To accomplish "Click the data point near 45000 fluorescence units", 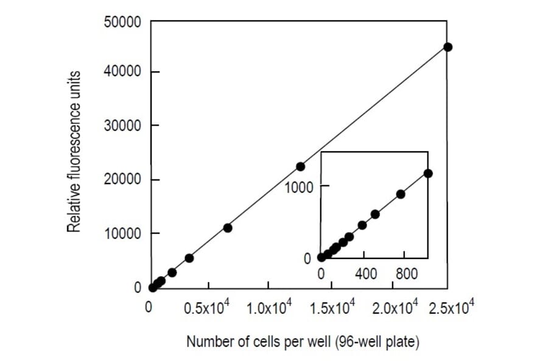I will point(448,47).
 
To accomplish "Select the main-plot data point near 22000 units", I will point(300,166).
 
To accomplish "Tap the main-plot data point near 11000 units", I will point(228,228).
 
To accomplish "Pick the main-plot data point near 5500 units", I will point(189,258).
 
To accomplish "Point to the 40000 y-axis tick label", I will point(124,73).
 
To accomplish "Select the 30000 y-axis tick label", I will point(124,126).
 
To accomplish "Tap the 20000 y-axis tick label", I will point(124,180).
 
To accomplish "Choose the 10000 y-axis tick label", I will point(124,233).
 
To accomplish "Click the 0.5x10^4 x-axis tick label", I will point(206,307).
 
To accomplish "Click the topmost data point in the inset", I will point(428,173).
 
